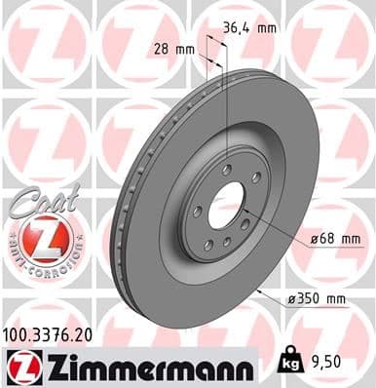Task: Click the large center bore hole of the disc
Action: [x=225, y=206]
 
